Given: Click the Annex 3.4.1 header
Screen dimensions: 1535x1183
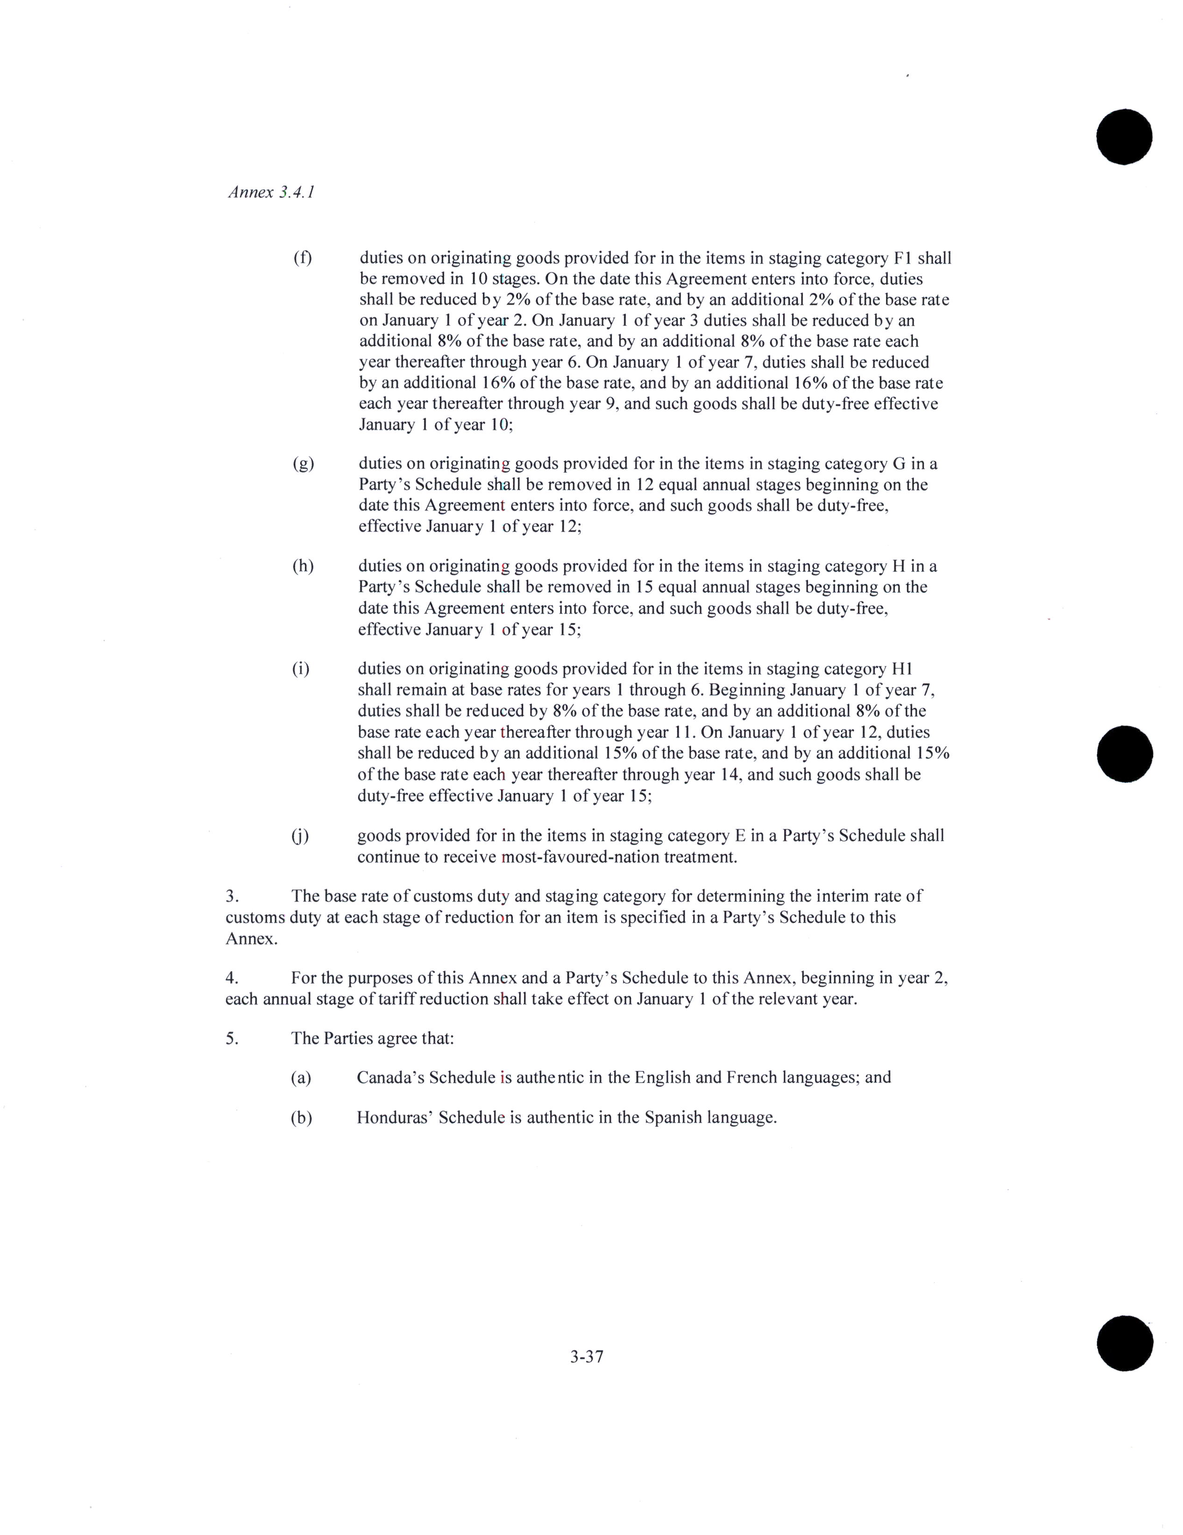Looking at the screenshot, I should (x=270, y=192).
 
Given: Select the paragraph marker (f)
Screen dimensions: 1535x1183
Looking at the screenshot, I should (x=302, y=258).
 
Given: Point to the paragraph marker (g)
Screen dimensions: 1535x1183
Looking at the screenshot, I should (x=303, y=464).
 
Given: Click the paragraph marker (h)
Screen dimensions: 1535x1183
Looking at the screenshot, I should (x=303, y=566).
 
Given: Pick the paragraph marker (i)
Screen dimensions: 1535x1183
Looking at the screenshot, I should (x=301, y=669).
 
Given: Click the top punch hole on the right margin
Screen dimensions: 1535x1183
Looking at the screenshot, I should (x=1124, y=137).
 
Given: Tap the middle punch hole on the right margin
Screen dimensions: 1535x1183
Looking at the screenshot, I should (x=1124, y=753).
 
